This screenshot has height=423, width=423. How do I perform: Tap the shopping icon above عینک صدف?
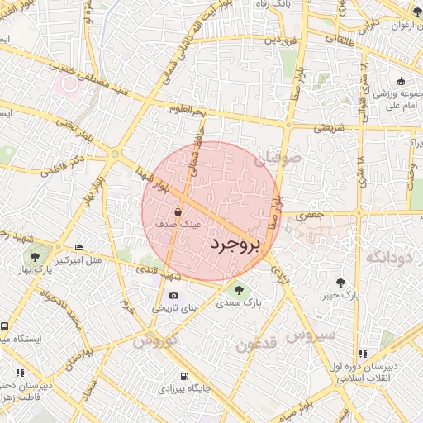[x=178, y=212]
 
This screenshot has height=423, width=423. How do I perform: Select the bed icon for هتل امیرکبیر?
[x=78, y=247]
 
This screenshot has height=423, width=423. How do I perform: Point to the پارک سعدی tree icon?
[x=239, y=290]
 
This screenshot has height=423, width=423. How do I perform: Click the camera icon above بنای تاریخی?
[x=173, y=295]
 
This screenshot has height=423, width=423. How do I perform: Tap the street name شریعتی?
[x=328, y=128]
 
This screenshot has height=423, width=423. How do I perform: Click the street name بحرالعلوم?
[x=187, y=109]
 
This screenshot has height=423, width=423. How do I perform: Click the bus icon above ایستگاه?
[x=3, y=327]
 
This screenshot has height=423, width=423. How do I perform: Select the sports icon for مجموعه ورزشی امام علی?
[x=401, y=81]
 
